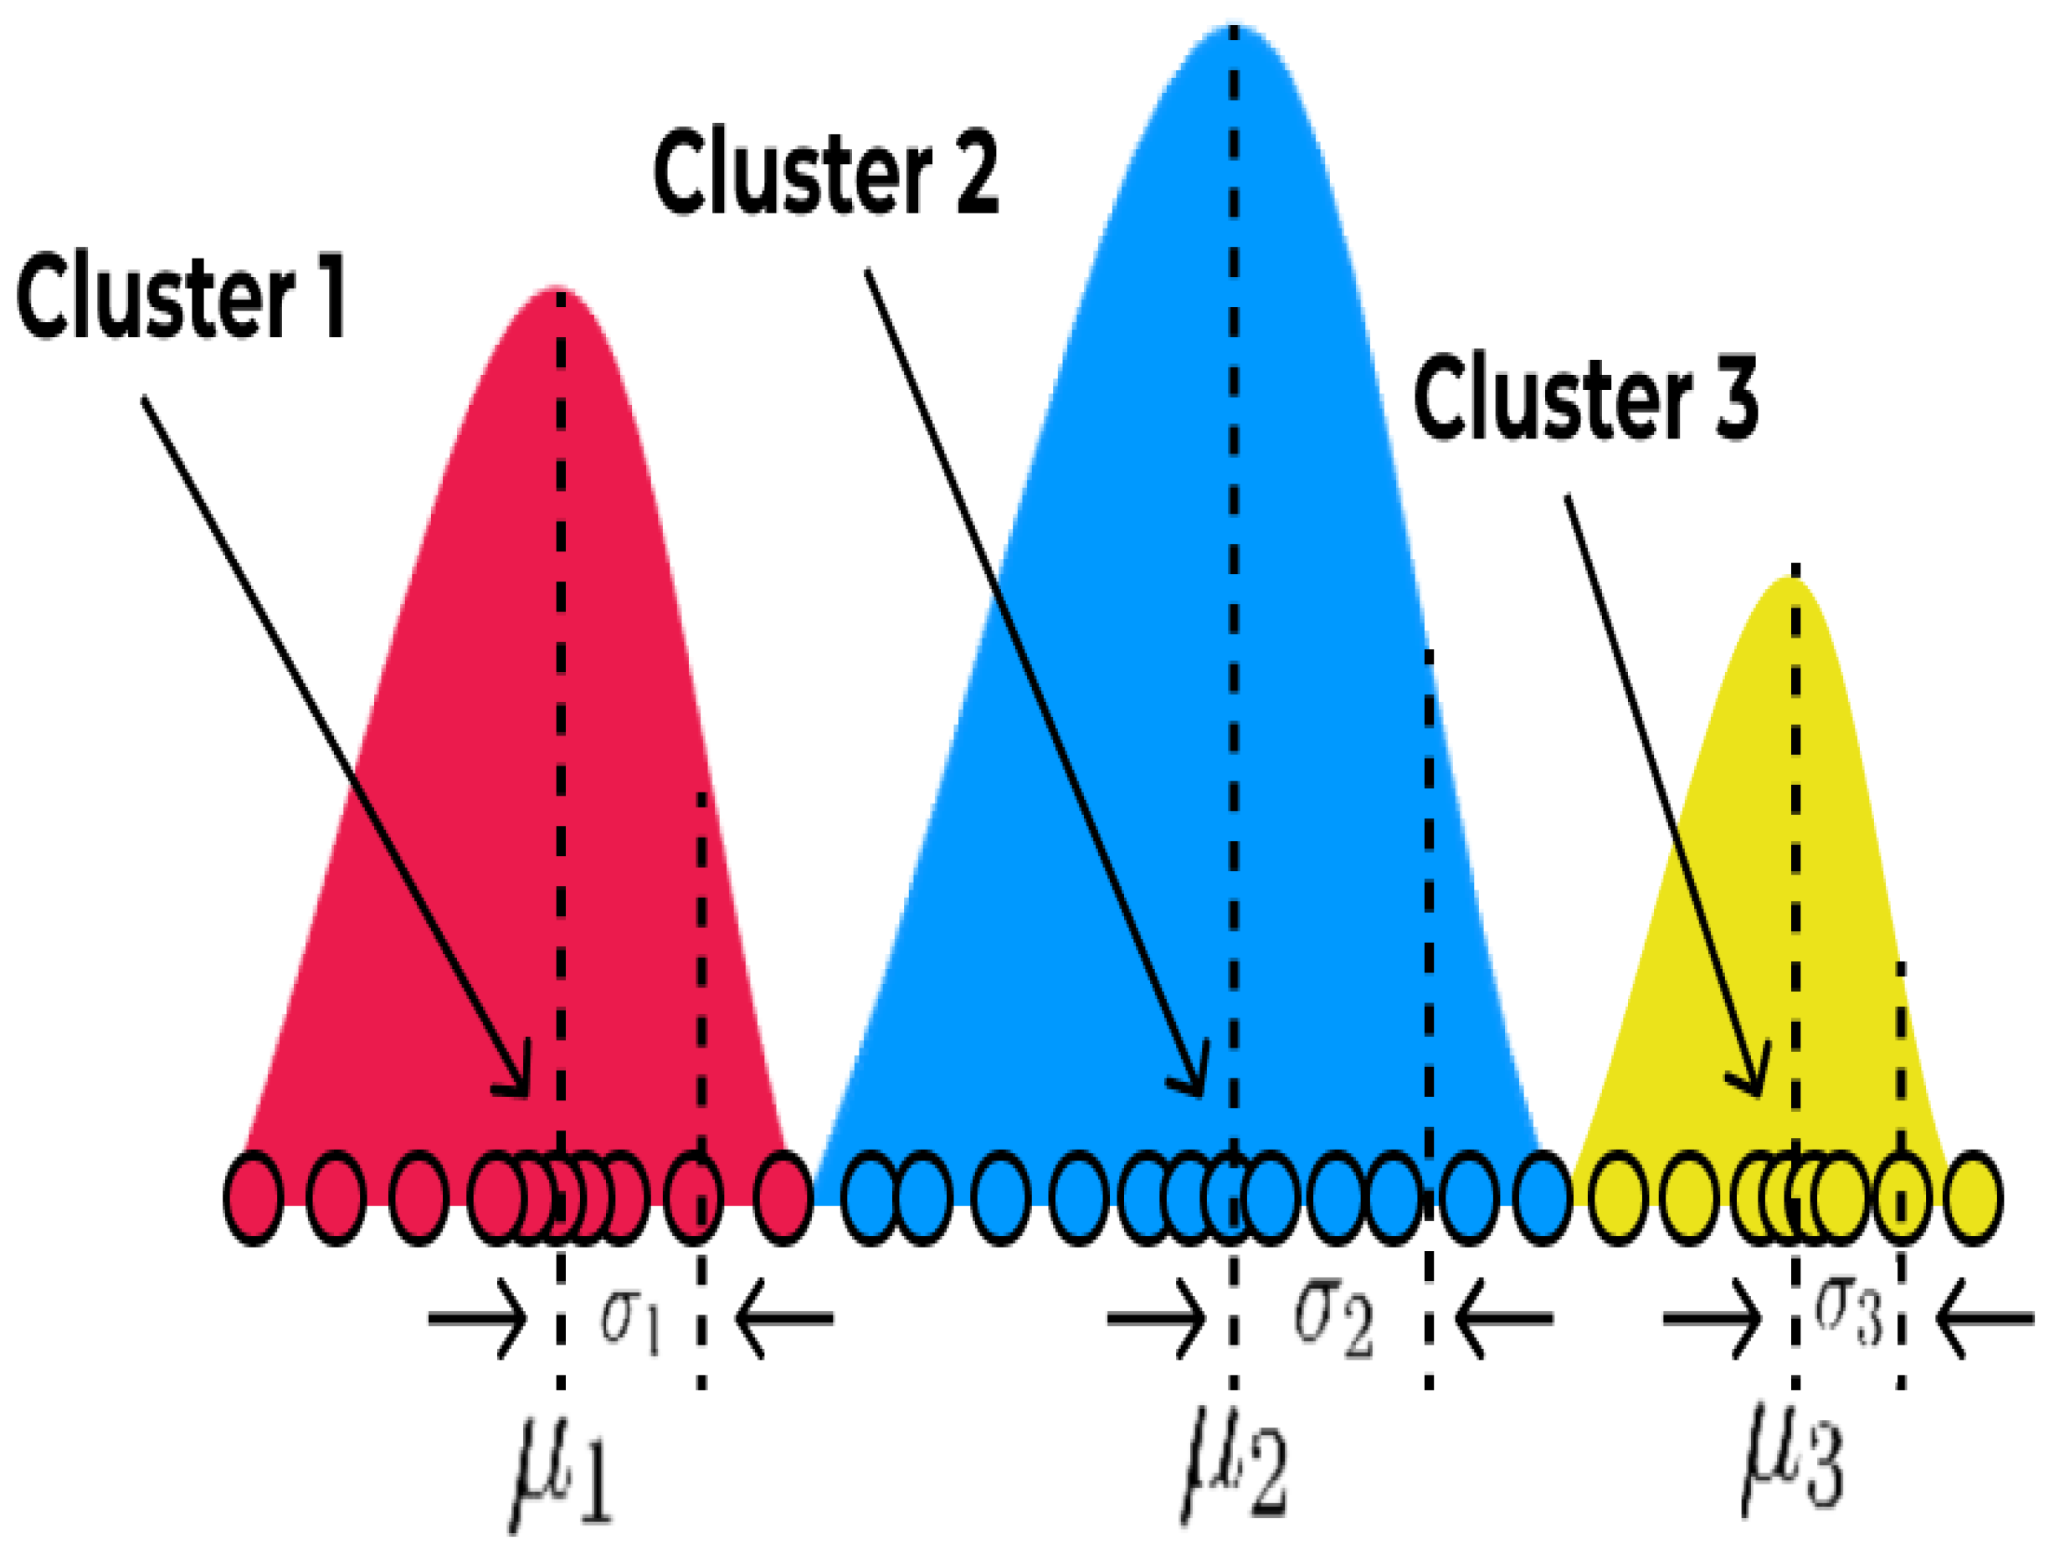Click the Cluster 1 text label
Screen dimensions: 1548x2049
(181, 298)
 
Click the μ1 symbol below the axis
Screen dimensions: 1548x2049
(561, 1472)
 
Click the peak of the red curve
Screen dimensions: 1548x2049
(561, 292)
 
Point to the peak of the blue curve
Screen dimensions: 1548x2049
(1234, 28)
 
